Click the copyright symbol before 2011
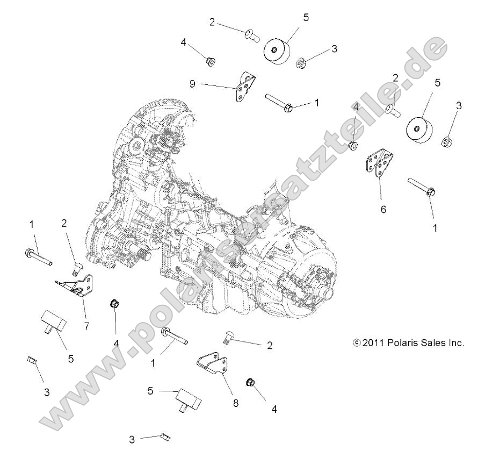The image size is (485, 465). click(x=357, y=342)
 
